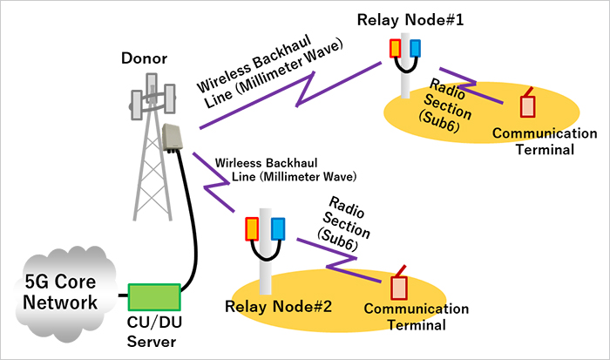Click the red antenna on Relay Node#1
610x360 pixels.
point(395,47)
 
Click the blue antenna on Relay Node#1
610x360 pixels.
point(416,47)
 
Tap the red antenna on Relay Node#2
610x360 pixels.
point(252,228)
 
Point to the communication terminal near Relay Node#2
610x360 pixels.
point(399,285)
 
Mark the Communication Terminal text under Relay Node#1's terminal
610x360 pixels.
point(544,141)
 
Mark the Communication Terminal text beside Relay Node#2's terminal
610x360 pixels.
point(416,317)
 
